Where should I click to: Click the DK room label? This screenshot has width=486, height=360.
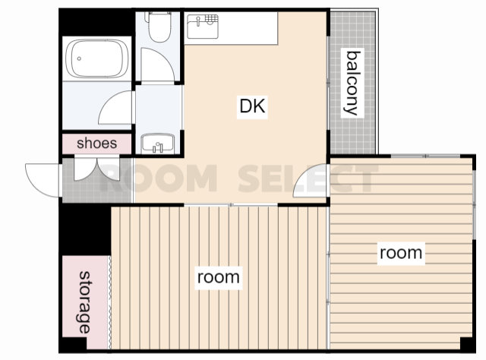(x=252, y=106)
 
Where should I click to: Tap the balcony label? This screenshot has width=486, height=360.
(x=353, y=83)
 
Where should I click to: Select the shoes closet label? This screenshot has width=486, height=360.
(x=96, y=144)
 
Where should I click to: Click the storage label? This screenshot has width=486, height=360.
(x=84, y=302)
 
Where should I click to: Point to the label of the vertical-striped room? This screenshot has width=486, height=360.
(x=219, y=277)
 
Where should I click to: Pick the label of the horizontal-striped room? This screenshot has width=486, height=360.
(x=401, y=253)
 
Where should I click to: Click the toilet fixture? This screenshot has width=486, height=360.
(x=159, y=27)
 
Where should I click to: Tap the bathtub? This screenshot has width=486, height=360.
(x=97, y=58)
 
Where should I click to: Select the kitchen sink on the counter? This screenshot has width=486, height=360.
(x=203, y=27)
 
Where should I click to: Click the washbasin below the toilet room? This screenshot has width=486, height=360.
(x=158, y=143)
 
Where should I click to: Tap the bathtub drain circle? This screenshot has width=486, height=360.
(x=79, y=58)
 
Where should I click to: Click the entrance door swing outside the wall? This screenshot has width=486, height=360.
(x=43, y=181)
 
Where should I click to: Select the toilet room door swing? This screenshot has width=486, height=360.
(x=157, y=65)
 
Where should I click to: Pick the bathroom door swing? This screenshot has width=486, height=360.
(x=115, y=107)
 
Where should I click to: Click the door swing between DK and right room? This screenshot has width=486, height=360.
(x=310, y=181)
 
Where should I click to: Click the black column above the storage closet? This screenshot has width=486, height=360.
(x=85, y=230)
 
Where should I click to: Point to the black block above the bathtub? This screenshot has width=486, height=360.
(x=96, y=22)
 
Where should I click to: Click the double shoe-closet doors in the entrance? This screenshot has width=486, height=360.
(x=96, y=169)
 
